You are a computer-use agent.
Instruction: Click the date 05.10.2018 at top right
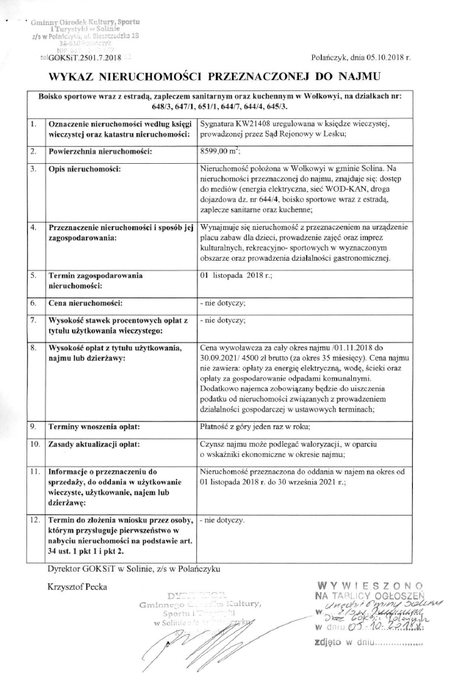[393, 55]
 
